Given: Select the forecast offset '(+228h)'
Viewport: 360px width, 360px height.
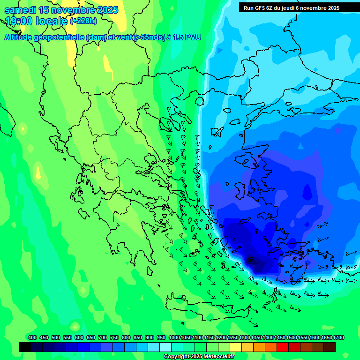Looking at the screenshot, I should (x=83, y=21).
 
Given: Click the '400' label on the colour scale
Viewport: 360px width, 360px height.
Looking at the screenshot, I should (x=32, y=337).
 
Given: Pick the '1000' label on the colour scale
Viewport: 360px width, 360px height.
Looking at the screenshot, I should (x=174, y=337).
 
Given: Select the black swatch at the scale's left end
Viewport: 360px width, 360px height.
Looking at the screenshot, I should (x=25, y=347).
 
